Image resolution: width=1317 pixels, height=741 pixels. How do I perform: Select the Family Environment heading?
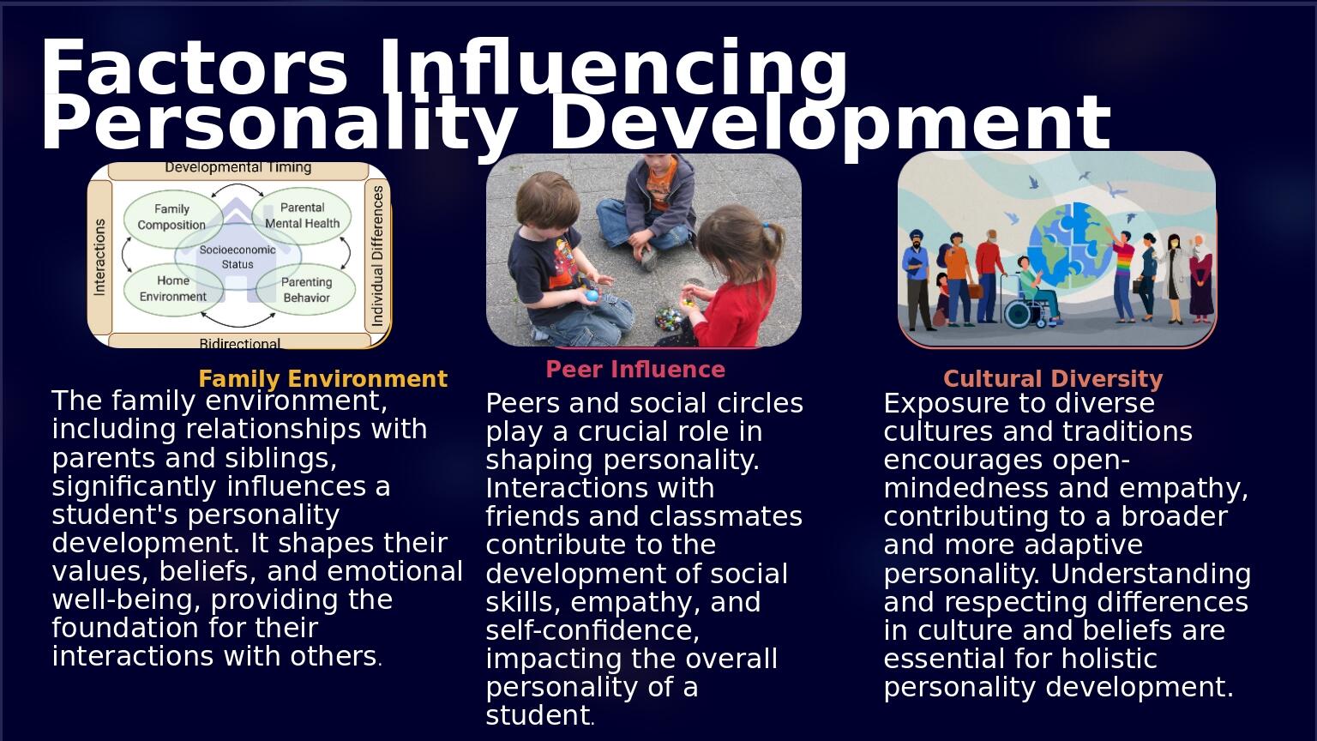[322, 379]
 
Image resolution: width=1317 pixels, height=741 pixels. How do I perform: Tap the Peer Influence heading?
[635, 370]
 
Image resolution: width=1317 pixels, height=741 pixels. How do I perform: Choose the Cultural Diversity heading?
[1053, 379]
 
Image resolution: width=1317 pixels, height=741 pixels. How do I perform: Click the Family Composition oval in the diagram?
[171, 216]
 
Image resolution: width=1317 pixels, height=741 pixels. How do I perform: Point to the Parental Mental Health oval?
[302, 215]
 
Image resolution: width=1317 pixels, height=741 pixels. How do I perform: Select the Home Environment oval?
[172, 289]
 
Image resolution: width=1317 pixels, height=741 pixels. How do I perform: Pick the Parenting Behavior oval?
[306, 290]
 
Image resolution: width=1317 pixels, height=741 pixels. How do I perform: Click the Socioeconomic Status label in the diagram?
[238, 256]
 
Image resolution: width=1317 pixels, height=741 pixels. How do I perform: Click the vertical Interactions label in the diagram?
[99, 257]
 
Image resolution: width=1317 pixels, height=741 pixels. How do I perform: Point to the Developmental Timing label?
[238, 168]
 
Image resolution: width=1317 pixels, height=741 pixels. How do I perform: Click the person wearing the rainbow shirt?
[1122, 274]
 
